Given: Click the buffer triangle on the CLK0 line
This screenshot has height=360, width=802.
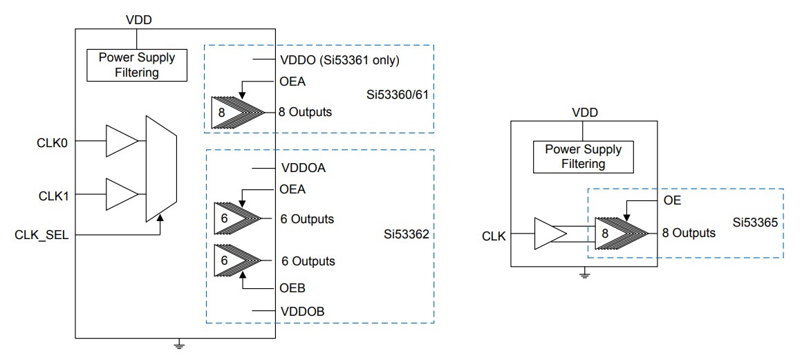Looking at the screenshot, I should click(x=121, y=141).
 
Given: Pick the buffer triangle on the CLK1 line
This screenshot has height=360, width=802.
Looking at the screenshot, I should click(x=121, y=194).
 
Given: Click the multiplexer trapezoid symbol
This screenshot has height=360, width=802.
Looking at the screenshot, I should click(x=161, y=169).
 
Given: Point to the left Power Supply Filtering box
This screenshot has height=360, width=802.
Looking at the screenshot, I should click(x=138, y=65).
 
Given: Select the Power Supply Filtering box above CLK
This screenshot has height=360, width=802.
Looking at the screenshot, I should click(x=583, y=157).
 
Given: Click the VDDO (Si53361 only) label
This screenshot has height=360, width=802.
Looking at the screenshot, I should click(x=340, y=59).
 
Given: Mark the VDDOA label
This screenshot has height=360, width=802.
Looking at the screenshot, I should click(x=304, y=167).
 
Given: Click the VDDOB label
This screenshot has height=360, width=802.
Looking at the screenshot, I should click(x=303, y=312).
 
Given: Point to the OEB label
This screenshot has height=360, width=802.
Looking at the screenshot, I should click(x=293, y=287).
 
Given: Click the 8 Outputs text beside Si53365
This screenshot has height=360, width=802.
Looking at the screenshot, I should click(x=688, y=233).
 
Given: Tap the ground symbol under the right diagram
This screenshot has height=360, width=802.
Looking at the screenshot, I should click(x=584, y=275).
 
